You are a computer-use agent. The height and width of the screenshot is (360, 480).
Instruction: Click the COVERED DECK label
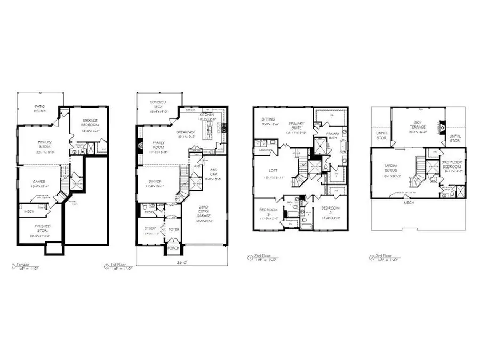[158, 105]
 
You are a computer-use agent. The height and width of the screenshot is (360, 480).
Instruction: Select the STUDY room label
[150, 230]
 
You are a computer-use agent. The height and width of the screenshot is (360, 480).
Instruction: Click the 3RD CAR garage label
[210, 174]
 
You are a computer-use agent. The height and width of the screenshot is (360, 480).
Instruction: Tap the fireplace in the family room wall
[140, 144]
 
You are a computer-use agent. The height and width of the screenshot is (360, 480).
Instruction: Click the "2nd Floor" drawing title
[266, 257]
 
